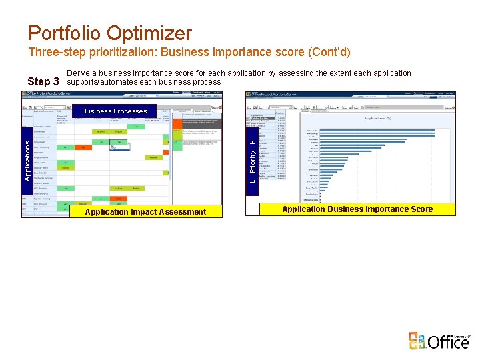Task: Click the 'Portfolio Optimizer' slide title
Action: click(x=110, y=33)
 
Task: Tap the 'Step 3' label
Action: click(x=43, y=81)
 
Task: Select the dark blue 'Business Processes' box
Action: click(x=115, y=111)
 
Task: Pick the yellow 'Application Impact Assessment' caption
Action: click(x=145, y=211)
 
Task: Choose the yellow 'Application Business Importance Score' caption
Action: click(x=357, y=209)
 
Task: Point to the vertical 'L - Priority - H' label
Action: click(x=252, y=161)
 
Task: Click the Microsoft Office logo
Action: click(x=440, y=341)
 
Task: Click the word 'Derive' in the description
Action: click(x=79, y=73)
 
